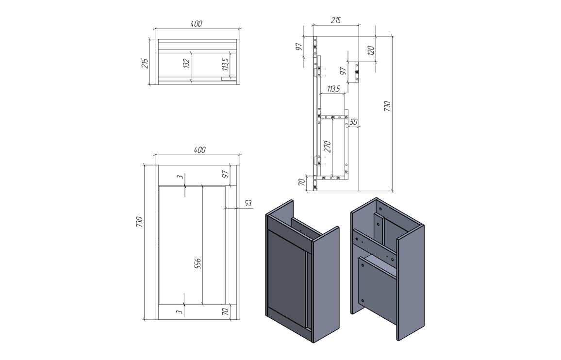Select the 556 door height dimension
(x=198, y=263)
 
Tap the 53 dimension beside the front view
(x=247, y=204)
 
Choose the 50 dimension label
(x=353, y=122)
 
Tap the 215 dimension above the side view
(x=335, y=20)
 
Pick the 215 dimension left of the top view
(x=145, y=62)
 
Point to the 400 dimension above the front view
(x=199, y=150)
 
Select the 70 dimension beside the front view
(x=225, y=311)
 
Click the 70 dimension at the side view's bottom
(x=301, y=182)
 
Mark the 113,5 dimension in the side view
(x=333, y=89)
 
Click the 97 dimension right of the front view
(x=225, y=175)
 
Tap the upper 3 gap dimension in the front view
(x=181, y=178)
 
